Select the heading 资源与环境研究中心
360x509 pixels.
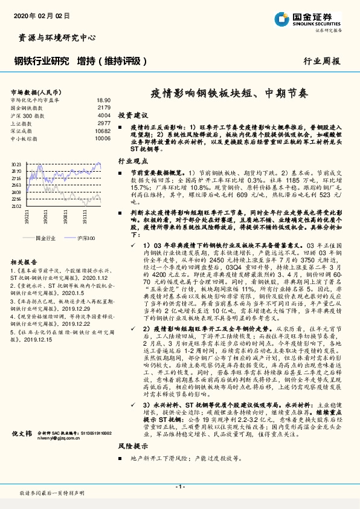click(x=54, y=38)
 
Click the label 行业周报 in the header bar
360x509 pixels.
click(x=321, y=61)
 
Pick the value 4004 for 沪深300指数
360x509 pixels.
click(x=104, y=114)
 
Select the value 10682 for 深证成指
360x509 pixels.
click(x=103, y=130)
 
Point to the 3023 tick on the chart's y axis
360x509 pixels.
click(x=16, y=164)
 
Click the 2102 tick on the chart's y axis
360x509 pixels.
click(x=16, y=206)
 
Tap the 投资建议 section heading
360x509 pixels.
click(x=133, y=114)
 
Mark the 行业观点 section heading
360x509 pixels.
click(x=133, y=162)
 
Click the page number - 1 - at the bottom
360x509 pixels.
click(x=179, y=487)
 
